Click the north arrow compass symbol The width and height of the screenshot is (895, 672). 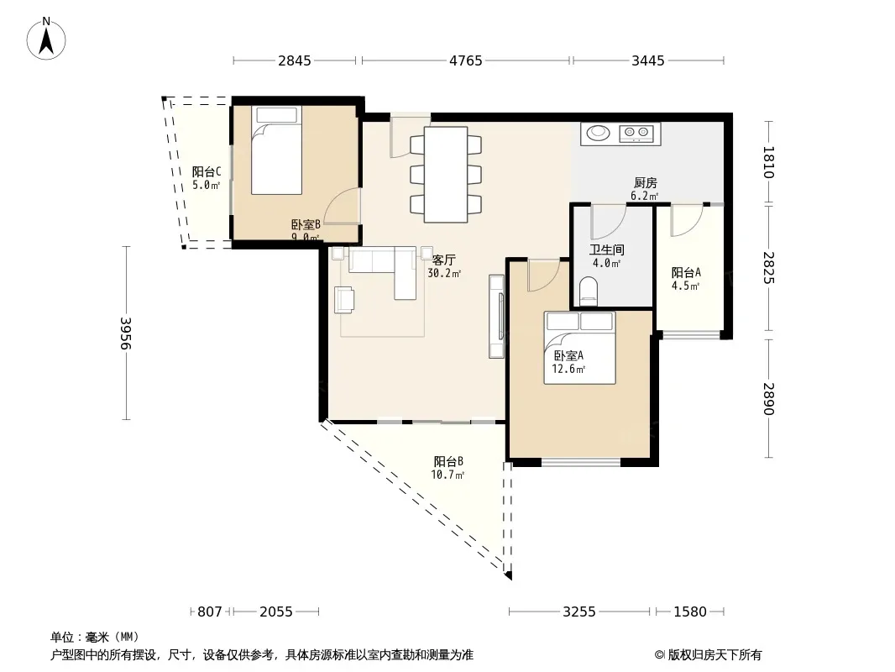(x=46, y=39)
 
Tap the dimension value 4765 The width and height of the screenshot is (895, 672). (x=466, y=60)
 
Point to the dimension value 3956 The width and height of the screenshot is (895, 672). (x=126, y=333)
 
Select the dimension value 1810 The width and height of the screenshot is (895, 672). (x=769, y=163)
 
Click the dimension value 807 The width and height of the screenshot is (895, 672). (x=210, y=612)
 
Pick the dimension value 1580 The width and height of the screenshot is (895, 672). (x=690, y=612)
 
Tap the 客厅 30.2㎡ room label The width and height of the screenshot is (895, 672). (x=444, y=266)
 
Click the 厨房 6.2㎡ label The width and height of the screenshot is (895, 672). (x=645, y=189)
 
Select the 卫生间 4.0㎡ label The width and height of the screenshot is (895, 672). (x=607, y=256)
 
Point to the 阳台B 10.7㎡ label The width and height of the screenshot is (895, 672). (x=448, y=468)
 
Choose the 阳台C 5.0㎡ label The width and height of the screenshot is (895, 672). (x=206, y=178)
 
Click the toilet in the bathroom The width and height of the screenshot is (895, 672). (x=588, y=290)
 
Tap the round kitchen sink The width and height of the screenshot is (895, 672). (x=598, y=133)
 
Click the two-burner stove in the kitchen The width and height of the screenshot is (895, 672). (x=636, y=133)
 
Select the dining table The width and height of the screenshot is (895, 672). (x=446, y=175)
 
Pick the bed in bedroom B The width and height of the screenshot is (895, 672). (x=276, y=150)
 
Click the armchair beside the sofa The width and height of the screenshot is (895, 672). (x=344, y=300)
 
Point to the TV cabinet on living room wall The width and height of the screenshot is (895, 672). (x=496, y=317)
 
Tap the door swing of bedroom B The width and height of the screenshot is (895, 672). (x=344, y=207)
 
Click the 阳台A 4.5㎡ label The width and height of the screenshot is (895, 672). (x=686, y=279)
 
